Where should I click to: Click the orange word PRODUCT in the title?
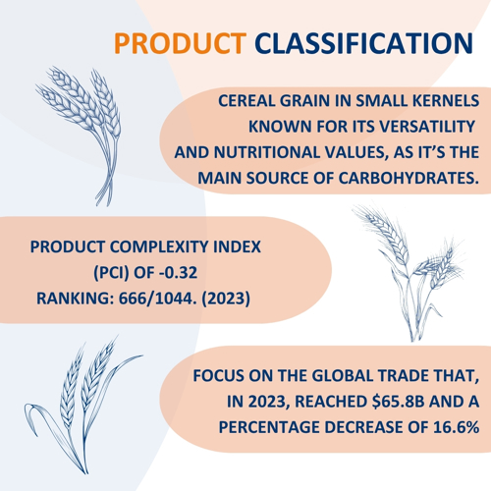180,43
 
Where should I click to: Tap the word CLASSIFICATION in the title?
363,43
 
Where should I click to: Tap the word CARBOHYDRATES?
409,178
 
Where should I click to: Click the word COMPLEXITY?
159,246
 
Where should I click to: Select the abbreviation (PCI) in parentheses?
111,272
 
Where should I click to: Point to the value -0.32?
178,272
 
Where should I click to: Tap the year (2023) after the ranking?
226,299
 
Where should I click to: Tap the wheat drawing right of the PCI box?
409,273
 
